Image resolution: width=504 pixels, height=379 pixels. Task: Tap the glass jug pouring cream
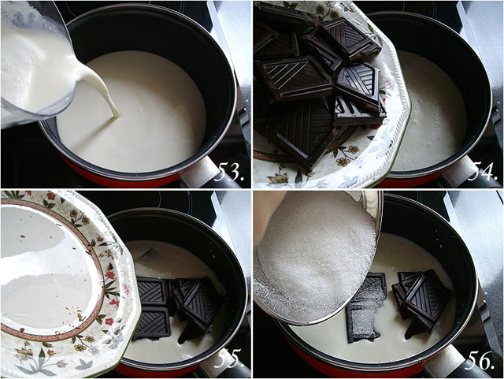35,63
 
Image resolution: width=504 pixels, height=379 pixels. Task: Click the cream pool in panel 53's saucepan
150,110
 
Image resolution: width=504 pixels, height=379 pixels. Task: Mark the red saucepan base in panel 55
157,370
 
